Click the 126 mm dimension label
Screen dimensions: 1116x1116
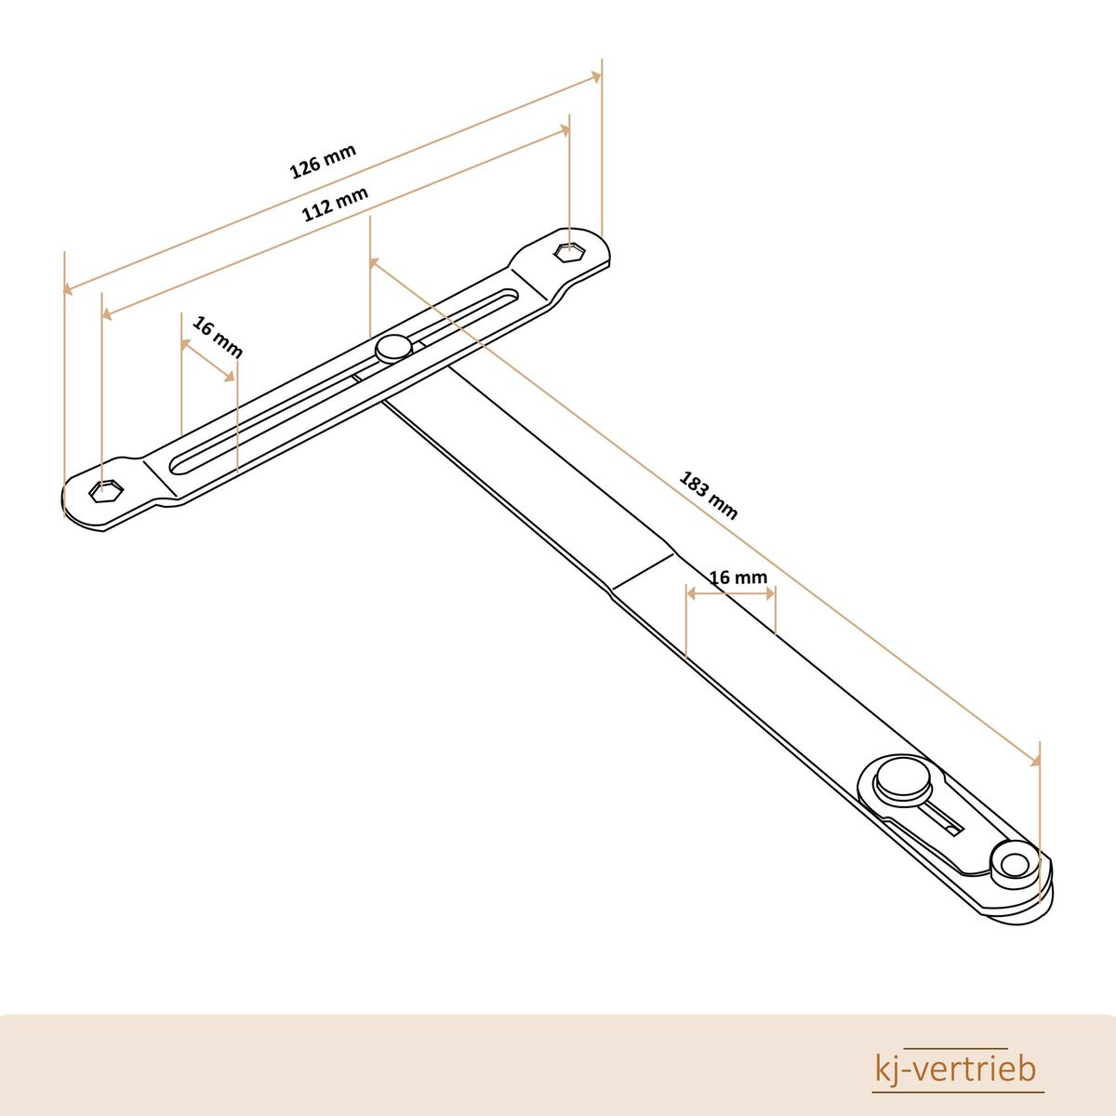click(323, 162)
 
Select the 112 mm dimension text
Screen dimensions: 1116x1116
click(335, 204)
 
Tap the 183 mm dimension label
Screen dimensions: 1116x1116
click(708, 496)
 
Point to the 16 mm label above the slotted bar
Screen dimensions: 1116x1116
click(218, 337)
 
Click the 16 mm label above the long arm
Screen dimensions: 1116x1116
click(738, 578)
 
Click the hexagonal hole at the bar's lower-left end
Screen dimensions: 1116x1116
click(106, 491)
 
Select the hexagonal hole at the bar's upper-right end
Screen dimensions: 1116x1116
click(570, 252)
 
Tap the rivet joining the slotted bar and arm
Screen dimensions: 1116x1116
click(393, 348)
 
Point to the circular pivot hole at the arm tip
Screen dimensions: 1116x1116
click(1011, 882)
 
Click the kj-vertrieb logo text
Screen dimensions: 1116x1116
click(955, 1069)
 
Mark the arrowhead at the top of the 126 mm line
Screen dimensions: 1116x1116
click(595, 76)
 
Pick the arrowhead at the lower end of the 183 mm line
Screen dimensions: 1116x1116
click(1034, 761)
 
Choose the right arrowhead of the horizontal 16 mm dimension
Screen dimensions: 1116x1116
click(770, 593)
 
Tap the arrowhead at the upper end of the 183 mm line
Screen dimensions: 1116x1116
click(374, 263)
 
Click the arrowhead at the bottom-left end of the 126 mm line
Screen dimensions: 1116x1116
click(68, 287)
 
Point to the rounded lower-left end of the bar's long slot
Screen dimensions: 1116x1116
click(176, 466)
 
